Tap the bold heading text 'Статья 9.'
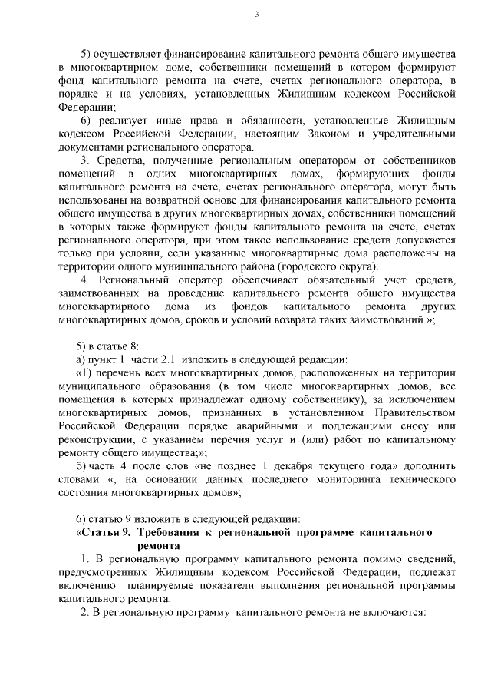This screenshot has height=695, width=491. (104, 532)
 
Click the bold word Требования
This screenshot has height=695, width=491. (170, 532)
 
